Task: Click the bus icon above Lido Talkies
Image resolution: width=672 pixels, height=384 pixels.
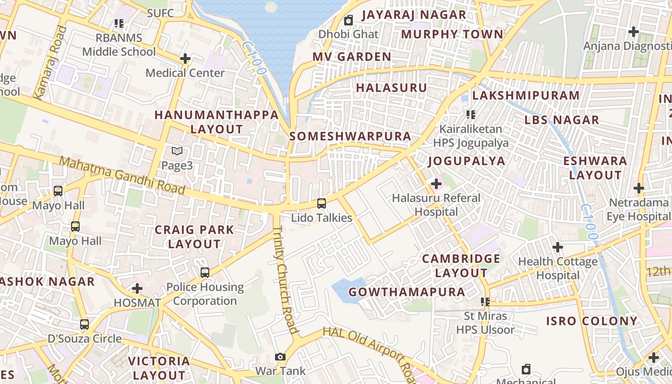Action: click(322, 204)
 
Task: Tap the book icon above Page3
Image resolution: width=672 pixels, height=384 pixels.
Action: click(177, 151)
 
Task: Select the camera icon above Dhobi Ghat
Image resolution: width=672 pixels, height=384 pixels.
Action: click(348, 20)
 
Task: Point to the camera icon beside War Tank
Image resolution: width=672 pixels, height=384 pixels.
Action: click(280, 357)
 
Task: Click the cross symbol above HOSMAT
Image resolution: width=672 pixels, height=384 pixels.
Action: click(137, 288)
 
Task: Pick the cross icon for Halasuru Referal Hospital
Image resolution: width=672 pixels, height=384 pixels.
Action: click(436, 183)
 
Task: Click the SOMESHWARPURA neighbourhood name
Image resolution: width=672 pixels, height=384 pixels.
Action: click(350, 136)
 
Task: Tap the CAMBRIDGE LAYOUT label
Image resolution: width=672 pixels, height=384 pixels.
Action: click(461, 266)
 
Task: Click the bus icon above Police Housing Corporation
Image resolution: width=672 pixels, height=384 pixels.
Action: click(205, 273)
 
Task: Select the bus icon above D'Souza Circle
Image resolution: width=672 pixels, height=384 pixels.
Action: click(84, 324)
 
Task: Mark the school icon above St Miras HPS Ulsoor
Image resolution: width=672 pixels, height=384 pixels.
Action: click(485, 302)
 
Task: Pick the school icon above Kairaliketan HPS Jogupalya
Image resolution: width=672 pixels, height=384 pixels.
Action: click(470, 115)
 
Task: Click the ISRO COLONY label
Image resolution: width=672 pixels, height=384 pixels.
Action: click(592, 321)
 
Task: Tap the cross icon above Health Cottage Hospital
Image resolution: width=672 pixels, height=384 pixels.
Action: click(557, 247)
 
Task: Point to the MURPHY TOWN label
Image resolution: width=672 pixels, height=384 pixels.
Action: click(452, 35)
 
